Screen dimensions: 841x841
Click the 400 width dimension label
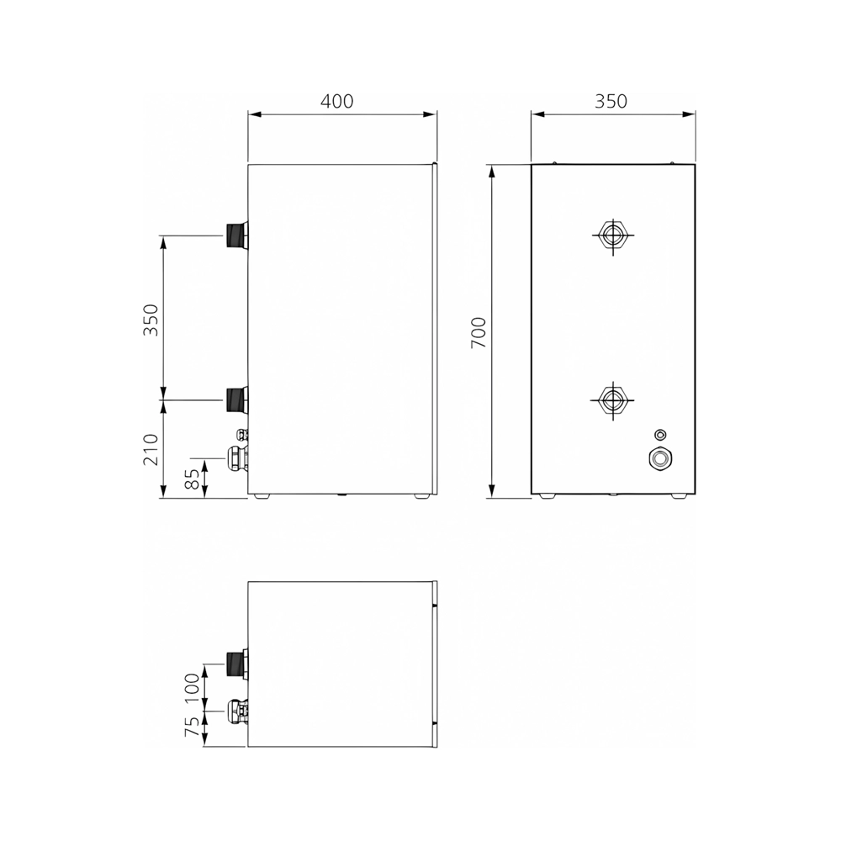pos(337,102)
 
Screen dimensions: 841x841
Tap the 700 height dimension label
pos(479,332)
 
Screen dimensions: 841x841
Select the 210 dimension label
pos(151,449)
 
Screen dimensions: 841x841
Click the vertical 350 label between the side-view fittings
pos(151,320)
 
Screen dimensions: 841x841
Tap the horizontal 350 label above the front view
pos(611,102)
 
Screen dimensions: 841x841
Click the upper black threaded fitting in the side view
pos(236,235)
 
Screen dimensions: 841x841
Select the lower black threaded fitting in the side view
pos(236,400)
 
